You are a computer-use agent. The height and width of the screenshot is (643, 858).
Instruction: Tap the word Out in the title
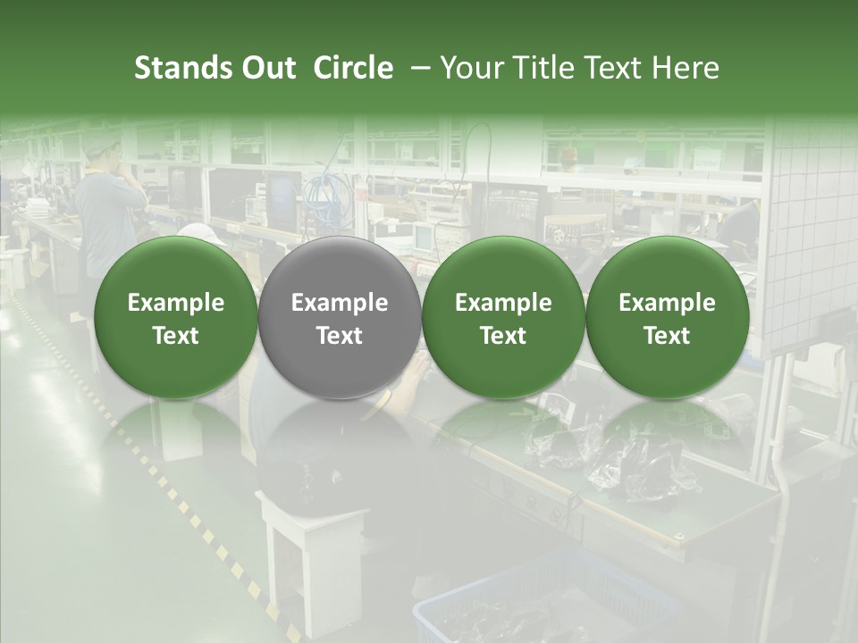266,68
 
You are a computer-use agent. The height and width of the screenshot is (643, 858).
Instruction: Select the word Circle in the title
353,68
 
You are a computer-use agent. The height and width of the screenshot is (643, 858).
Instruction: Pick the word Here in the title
686,68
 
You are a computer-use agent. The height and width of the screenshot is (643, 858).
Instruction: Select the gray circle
339,317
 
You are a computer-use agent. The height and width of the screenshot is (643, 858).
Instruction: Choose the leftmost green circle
175,317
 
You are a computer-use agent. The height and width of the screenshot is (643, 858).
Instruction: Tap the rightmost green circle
667,317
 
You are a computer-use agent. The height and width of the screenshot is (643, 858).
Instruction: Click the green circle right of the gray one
503,317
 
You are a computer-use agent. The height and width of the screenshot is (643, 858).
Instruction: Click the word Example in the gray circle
340,303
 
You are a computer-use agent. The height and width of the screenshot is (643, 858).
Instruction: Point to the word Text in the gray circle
340,336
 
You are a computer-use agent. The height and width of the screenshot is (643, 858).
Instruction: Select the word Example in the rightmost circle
667,303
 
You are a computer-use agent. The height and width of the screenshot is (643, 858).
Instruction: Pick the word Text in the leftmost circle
176,336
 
